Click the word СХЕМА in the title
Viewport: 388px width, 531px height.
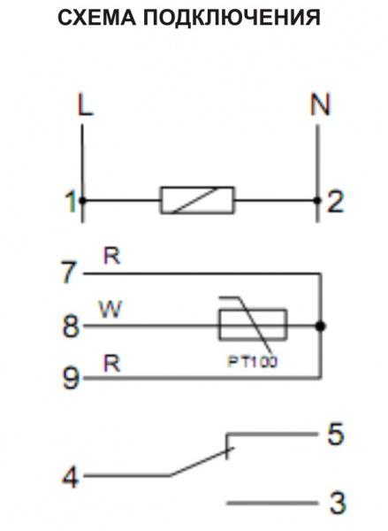[97, 18]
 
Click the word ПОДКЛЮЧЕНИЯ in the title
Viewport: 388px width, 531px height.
[232, 18]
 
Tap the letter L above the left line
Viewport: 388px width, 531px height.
[85, 105]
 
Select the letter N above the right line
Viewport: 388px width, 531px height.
[320, 104]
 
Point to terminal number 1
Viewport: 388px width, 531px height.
[71, 202]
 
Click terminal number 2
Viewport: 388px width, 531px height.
[336, 202]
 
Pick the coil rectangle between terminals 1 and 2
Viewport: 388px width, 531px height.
[197, 200]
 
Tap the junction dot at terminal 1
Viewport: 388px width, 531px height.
[82, 201]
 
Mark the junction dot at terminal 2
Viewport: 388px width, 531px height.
[317, 201]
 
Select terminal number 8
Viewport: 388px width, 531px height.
[71, 326]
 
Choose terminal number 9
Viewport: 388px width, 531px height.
[71, 378]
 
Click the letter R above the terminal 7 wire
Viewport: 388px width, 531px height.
[112, 257]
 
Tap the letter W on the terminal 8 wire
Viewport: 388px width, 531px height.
[110, 310]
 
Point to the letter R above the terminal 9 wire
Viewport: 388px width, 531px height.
[112, 364]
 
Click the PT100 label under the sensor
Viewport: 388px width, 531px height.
[253, 362]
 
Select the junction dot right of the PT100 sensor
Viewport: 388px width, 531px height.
[320, 327]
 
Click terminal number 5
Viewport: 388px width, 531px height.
[336, 434]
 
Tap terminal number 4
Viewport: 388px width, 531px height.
[71, 478]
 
